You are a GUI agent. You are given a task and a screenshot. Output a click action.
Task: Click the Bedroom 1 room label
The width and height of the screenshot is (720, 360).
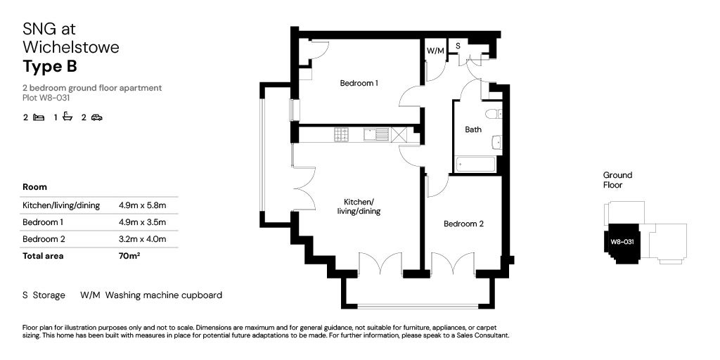[359, 83]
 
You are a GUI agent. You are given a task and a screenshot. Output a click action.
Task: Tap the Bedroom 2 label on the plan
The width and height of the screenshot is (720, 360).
[463, 224]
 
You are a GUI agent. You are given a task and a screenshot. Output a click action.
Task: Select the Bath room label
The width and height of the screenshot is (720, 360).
[473, 129]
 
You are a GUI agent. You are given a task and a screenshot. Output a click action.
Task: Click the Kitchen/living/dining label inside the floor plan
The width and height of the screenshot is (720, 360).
[359, 206]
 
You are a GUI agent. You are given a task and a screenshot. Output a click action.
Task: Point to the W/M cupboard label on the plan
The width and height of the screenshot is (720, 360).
[435, 51]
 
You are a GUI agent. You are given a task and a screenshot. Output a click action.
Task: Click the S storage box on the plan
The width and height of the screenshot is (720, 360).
[458, 46]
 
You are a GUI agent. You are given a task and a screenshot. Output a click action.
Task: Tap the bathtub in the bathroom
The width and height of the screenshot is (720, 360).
[476, 165]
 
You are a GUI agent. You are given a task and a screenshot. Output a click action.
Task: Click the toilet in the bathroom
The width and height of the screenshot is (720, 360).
[493, 113]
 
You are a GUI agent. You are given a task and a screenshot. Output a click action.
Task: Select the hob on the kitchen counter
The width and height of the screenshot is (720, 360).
[342, 134]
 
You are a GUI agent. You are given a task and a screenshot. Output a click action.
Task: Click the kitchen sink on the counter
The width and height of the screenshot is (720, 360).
[372, 134]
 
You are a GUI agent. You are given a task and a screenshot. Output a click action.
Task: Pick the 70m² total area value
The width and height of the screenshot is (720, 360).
[129, 256]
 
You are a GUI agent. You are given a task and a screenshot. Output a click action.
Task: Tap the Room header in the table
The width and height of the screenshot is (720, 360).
[34, 187]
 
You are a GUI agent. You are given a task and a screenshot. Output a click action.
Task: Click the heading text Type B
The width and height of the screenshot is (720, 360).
[49, 67]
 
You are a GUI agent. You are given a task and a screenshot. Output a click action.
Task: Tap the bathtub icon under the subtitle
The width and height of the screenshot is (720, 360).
[67, 117]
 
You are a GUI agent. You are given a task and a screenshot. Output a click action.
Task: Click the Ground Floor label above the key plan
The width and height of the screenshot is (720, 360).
[617, 180]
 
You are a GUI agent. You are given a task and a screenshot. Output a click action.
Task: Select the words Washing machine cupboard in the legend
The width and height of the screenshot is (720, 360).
[163, 295]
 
